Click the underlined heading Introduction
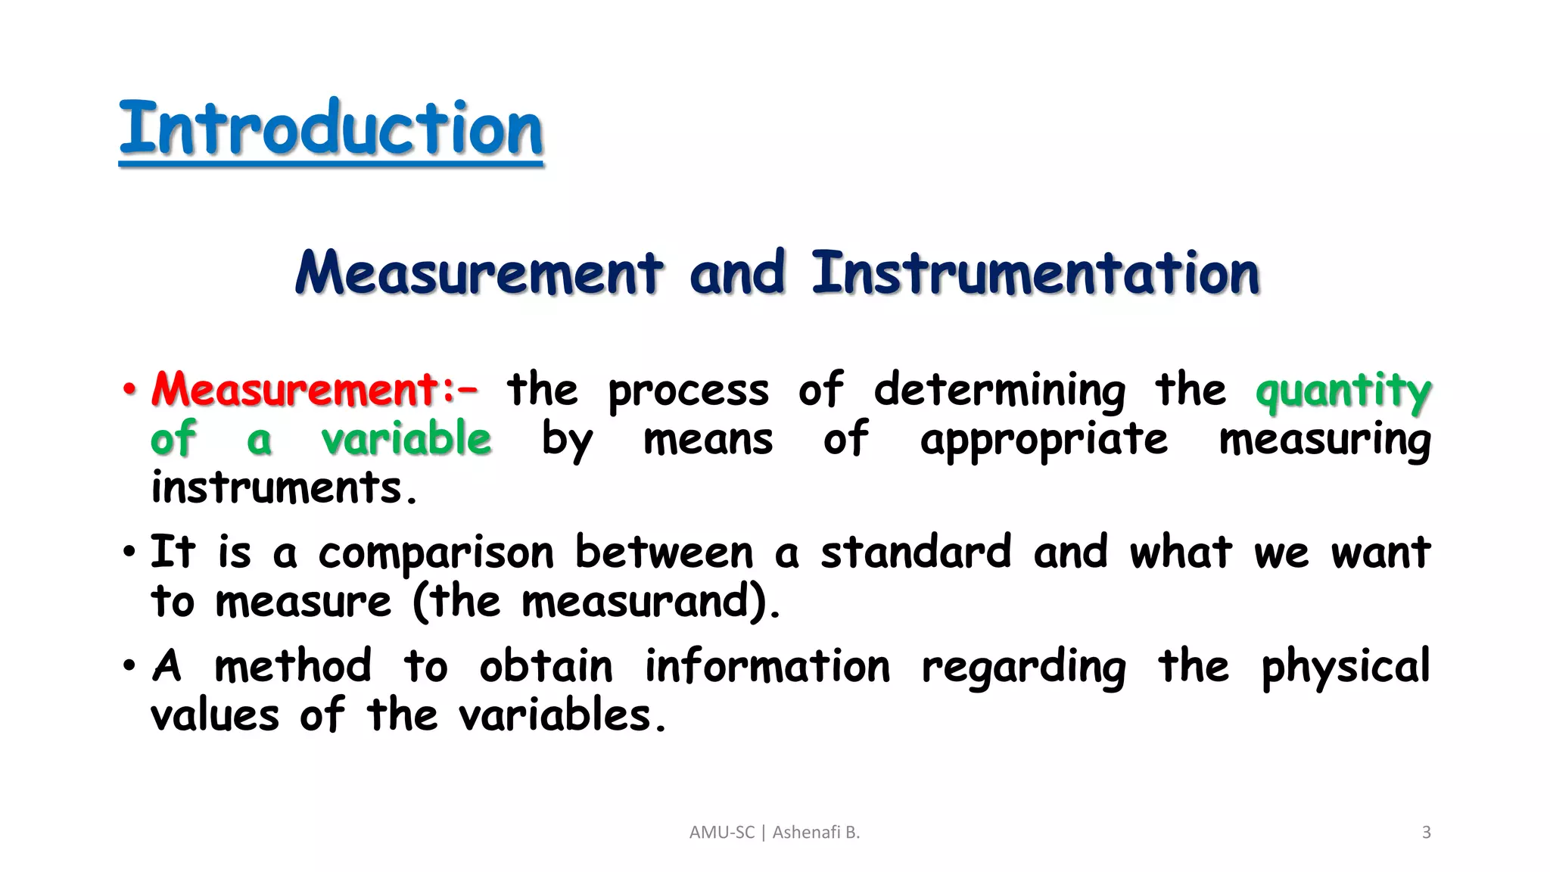[x=331, y=129]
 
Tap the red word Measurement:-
[x=314, y=389]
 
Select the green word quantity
[x=1343, y=391]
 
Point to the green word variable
[x=406, y=439]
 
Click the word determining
[x=999, y=391]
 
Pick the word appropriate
[x=1044, y=441]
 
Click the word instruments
[x=283, y=487]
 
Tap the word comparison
[x=436, y=553]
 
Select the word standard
[x=916, y=552]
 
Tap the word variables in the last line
[x=556, y=715]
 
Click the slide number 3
[x=1426, y=833]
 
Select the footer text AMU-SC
[x=721, y=833]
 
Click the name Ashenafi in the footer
[x=806, y=833]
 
